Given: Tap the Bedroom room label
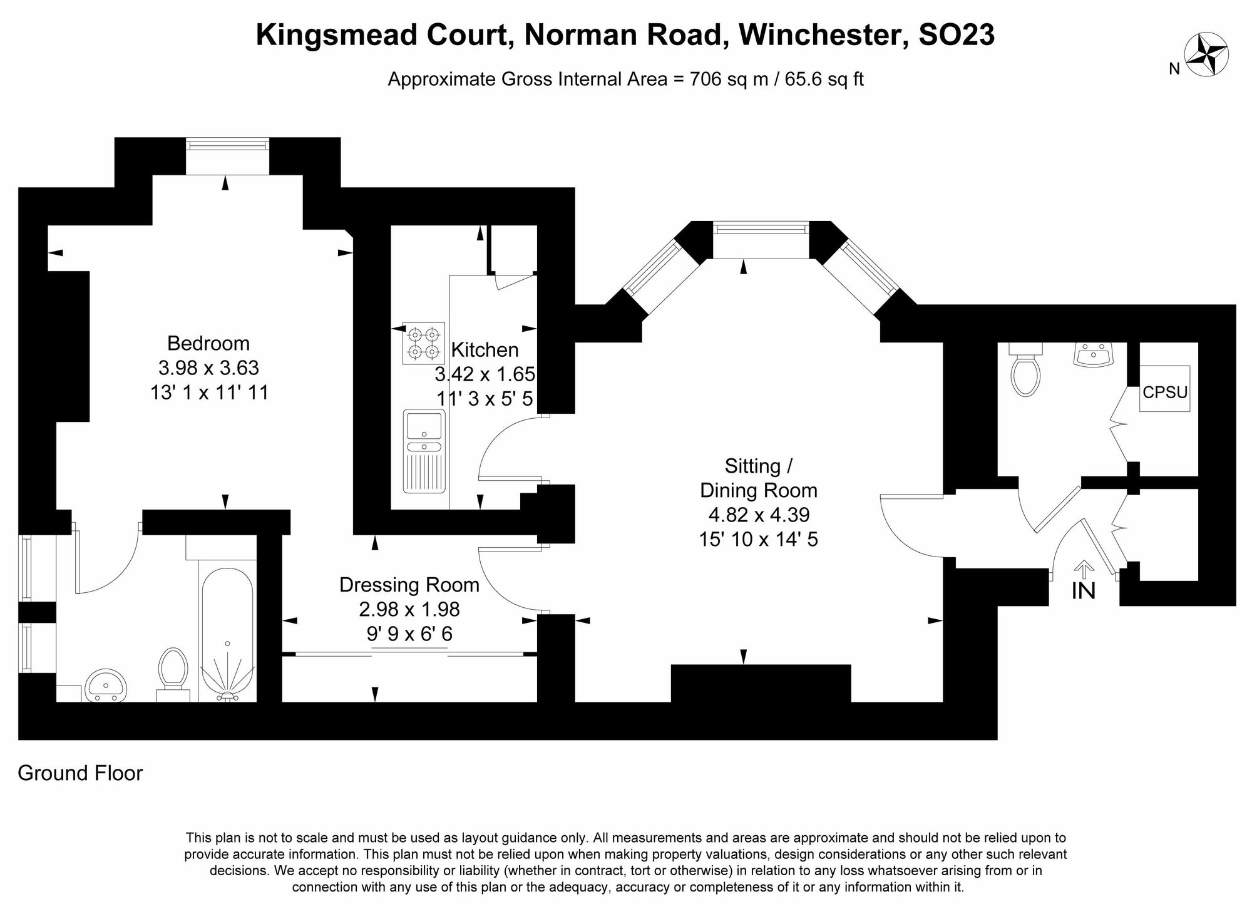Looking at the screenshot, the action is [x=208, y=343].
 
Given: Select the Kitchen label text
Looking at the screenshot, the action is [x=485, y=349].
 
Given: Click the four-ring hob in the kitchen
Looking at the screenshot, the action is [x=423, y=343].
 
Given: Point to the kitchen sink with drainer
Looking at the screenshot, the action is [x=424, y=451].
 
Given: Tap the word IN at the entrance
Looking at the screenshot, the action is [x=1084, y=591].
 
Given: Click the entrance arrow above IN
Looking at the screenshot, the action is [x=1084, y=570].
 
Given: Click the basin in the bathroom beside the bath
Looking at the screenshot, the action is [x=105, y=686].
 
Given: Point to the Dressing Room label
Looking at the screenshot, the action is [x=409, y=585].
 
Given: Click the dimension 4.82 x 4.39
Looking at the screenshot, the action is [x=759, y=515].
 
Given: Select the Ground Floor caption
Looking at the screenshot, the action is [x=80, y=773].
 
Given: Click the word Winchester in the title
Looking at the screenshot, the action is [x=823, y=35].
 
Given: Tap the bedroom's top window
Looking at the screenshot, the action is [x=227, y=145].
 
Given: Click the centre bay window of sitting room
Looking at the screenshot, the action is [x=761, y=229].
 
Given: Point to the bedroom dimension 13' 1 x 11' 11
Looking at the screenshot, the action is [x=209, y=393].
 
